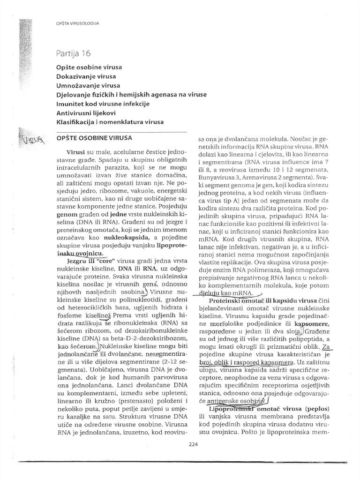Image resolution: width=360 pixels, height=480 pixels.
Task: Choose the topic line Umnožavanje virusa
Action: coord(88,85)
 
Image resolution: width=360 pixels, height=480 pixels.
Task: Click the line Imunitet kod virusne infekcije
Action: coord(103,104)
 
